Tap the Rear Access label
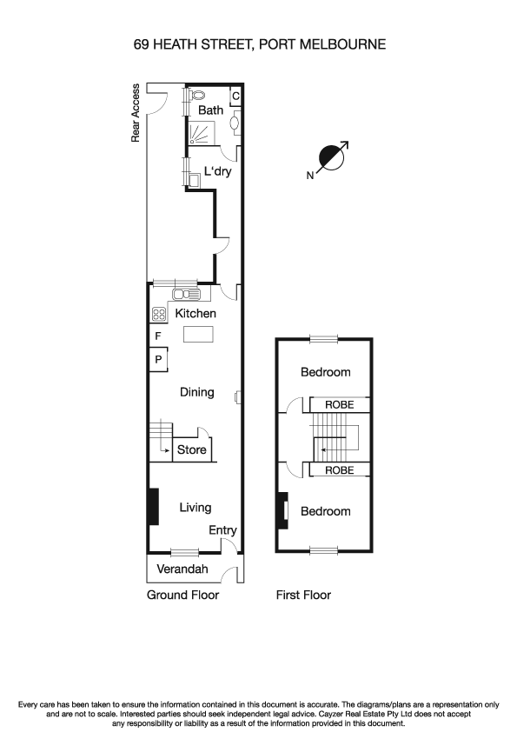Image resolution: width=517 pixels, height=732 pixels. coord(136,113)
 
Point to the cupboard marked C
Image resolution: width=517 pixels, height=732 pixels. coord(235,96)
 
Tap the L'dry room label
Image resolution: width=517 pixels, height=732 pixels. coord(217,171)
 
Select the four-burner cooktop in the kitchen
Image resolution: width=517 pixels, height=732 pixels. coord(160,314)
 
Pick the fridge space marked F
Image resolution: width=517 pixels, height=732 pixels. coord(158,336)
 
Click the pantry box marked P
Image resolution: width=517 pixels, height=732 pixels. coord(158,358)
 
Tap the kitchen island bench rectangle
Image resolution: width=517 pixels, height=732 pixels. coord(199,335)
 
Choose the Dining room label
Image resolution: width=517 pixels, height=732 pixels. coord(196,392)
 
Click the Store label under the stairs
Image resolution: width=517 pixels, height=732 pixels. coord(192,449)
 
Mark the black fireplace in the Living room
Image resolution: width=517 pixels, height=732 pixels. coord(153,507)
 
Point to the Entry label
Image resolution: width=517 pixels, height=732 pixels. coord(222,530)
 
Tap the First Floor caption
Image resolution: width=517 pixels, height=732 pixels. coord(303,596)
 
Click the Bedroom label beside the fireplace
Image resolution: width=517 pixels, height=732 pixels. coord(325,511)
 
